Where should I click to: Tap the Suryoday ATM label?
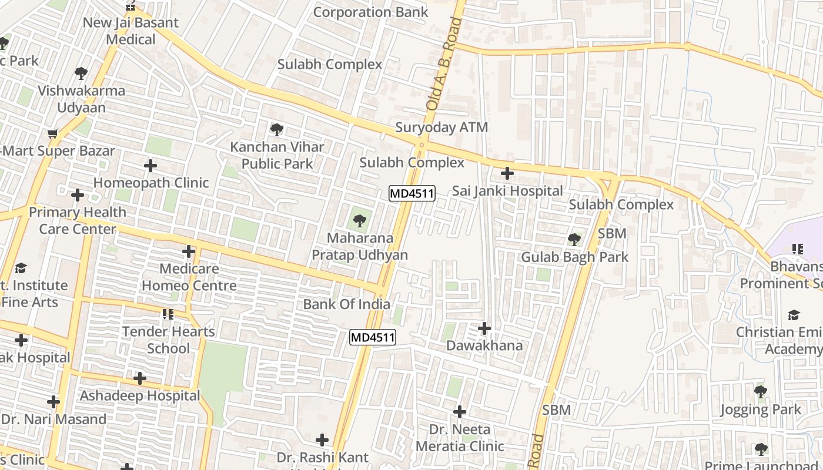coord(441,127)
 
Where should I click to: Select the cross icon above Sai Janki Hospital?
coord(507,173)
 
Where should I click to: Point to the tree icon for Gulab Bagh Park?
coord(574,240)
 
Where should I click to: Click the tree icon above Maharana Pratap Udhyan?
coord(359,221)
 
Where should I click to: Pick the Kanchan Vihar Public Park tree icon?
coord(276,129)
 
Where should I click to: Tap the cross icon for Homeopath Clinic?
coord(150,166)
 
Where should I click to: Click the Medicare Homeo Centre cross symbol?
coord(189,251)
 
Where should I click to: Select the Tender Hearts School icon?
coord(168,314)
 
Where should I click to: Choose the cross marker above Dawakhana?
coord(484,328)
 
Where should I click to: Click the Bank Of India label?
coord(347,304)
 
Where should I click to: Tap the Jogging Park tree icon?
coord(761,391)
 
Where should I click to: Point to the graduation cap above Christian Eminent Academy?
coord(794,315)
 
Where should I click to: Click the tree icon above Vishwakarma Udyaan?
coord(81,73)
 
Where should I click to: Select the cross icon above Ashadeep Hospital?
coord(140,378)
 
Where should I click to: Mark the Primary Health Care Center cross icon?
coord(77,194)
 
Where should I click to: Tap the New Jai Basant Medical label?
coord(131,31)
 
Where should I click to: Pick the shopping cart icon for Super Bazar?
coord(53,134)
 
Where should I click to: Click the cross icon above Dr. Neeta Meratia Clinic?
coord(460,412)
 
